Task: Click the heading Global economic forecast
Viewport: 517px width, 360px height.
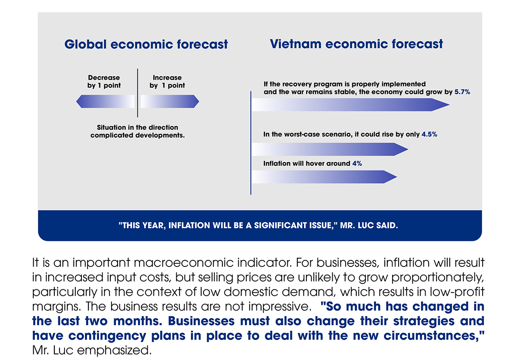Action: (x=146, y=44)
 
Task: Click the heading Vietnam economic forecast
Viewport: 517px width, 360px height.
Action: (x=356, y=44)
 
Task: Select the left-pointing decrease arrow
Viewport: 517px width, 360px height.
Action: (x=105, y=101)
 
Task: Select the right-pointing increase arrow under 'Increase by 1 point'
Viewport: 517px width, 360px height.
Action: (x=170, y=101)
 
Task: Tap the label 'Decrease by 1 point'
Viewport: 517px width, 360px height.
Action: (x=104, y=81)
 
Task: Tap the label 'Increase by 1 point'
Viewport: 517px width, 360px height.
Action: (x=167, y=81)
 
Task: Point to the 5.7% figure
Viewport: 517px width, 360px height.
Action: (x=462, y=92)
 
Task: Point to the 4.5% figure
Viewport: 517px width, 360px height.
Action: (x=429, y=135)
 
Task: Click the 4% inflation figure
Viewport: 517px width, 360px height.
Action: (x=357, y=163)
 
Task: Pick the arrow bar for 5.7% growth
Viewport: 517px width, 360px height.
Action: (x=351, y=105)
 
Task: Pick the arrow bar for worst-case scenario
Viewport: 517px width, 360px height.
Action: (x=330, y=149)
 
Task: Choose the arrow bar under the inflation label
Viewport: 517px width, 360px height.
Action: (x=324, y=177)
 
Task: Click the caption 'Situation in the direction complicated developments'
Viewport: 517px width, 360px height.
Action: (x=137, y=131)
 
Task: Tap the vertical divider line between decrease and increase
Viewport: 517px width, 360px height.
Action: (x=137, y=93)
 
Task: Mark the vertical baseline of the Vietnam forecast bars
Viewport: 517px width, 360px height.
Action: (x=251, y=143)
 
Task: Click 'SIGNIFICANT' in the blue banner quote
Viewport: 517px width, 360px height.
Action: (x=280, y=225)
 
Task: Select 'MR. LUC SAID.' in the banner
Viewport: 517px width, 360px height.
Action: (x=369, y=225)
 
